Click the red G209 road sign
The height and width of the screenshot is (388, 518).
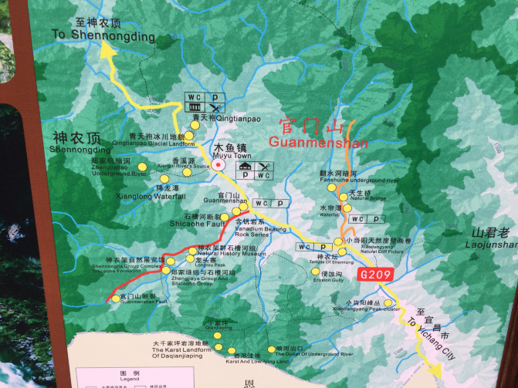tap(377, 274)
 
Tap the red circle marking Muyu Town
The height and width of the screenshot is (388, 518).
tap(219, 165)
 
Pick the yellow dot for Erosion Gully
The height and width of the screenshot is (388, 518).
tap(315, 272)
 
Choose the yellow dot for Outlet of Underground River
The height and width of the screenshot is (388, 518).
tap(270, 346)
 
